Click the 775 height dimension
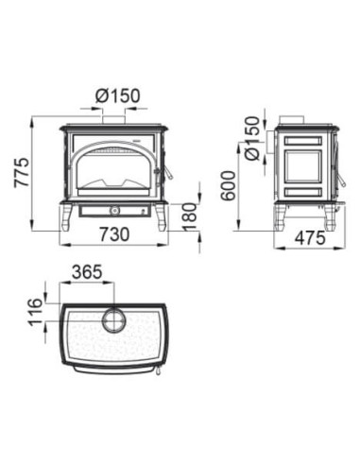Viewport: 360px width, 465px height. click(x=22, y=173)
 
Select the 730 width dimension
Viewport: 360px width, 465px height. click(x=114, y=234)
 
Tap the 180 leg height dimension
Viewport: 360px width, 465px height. click(x=190, y=216)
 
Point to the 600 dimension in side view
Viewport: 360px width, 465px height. click(x=228, y=185)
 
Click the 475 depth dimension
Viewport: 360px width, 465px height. click(x=310, y=238)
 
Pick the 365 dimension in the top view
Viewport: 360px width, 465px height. click(x=87, y=272)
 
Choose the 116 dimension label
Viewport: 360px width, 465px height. click(x=35, y=312)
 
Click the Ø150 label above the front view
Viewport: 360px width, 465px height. click(x=117, y=95)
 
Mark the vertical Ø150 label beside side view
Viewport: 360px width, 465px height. click(x=252, y=138)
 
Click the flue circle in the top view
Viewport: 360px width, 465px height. click(x=113, y=319)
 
